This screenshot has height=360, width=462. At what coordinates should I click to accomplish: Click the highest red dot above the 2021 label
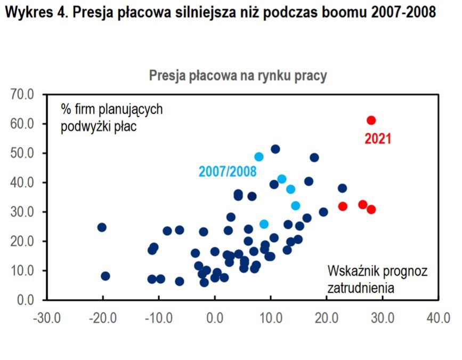371,120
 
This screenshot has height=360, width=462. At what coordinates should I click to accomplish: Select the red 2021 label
378,139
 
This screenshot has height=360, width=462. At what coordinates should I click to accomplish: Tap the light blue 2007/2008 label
228,172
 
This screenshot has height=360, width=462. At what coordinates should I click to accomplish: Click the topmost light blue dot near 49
259,157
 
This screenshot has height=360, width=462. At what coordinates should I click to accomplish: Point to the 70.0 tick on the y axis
21,95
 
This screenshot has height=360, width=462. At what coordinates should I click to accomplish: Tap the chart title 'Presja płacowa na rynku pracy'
238,76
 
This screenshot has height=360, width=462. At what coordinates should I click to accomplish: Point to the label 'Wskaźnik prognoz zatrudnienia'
377,279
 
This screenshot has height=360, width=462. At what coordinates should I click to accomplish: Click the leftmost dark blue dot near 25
102,227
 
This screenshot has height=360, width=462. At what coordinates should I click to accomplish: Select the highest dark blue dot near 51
275,149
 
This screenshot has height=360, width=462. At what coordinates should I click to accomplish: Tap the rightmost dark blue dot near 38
342,188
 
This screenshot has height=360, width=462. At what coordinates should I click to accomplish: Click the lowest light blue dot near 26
264,224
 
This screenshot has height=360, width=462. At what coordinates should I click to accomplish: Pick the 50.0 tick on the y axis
21,154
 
